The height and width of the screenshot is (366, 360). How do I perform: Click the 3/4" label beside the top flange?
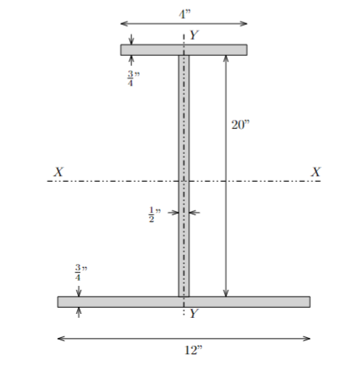(x=131, y=78)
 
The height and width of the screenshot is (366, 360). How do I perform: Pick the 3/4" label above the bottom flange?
(x=79, y=273)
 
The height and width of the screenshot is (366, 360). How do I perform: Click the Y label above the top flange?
(x=194, y=36)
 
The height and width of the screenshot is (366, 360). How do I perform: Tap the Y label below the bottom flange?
(x=194, y=313)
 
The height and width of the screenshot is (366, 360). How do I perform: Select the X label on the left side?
(x=58, y=171)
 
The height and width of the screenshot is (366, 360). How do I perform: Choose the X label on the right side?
(x=316, y=171)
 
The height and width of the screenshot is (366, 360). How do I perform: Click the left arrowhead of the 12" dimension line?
(x=61, y=338)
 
